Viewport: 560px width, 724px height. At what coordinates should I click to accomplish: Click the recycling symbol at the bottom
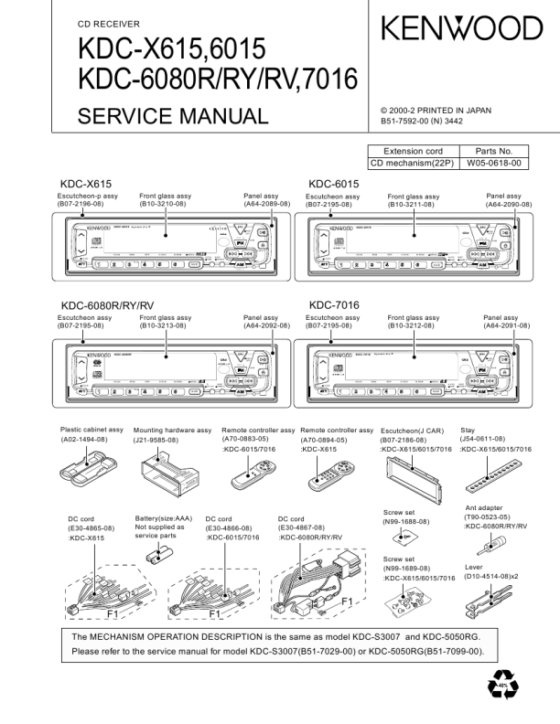tap(502, 687)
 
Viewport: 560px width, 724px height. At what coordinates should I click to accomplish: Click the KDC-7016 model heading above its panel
tap(334, 304)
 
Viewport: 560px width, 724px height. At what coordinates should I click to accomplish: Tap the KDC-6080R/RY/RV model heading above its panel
tap(107, 304)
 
